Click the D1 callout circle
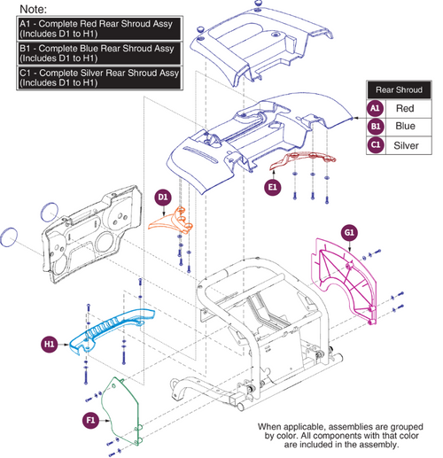[x=163, y=196]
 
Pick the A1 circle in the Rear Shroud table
[x=376, y=108]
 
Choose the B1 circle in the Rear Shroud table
[x=376, y=126]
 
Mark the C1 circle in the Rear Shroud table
[x=376, y=144]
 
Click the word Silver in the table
[x=406, y=144]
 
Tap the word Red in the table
[x=406, y=108]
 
